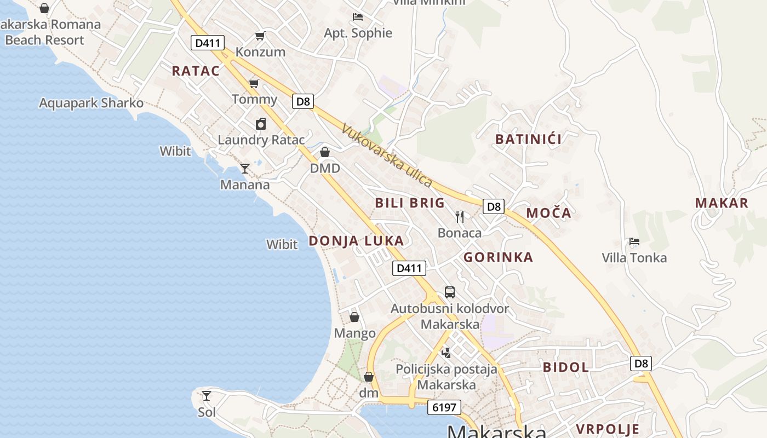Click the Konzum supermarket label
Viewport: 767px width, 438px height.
click(260, 52)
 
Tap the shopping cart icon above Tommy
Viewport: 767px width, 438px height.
click(254, 83)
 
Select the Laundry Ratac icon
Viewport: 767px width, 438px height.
click(261, 124)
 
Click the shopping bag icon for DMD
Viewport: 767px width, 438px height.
click(325, 152)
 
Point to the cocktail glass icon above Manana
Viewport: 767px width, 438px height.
click(245, 169)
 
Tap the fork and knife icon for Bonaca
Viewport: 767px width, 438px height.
click(460, 217)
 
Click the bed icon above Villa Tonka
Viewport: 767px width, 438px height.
click(634, 241)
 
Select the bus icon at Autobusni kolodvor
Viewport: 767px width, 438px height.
click(449, 292)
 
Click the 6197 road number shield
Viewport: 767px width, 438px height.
click(444, 407)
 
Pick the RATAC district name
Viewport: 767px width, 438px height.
click(196, 71)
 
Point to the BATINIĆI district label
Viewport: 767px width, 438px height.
click(528, 139)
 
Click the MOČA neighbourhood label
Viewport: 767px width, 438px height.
click(548, 213)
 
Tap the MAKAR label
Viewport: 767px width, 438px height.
click(722, 203)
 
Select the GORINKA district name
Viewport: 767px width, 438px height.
click(498, 257)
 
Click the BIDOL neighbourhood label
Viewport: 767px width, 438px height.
click(565, 367)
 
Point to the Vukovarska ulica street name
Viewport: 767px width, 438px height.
click(387, 155)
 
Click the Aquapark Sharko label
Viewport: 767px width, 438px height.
click(91, 103)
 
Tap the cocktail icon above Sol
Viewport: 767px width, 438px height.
click(207, 395)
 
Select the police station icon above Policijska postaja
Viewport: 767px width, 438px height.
click(446, 353)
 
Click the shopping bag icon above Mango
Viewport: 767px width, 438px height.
click(354, 317)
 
